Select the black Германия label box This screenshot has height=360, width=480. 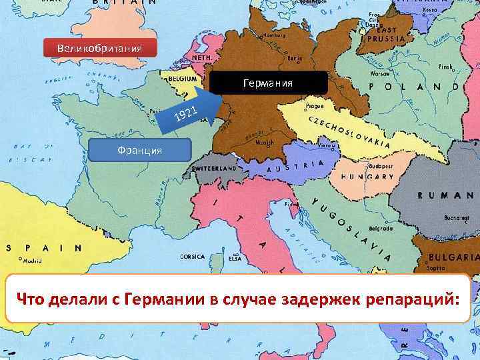coord(269,83)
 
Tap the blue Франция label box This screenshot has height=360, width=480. coord(140,151)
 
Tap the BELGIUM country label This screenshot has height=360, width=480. coord(183,78)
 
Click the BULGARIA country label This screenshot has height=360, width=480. coord(453,256)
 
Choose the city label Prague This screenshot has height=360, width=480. coord(314,105)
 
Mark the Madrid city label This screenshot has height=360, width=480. coord(32,261)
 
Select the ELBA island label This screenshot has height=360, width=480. coord(235,258)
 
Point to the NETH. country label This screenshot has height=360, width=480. coord(202,58)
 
